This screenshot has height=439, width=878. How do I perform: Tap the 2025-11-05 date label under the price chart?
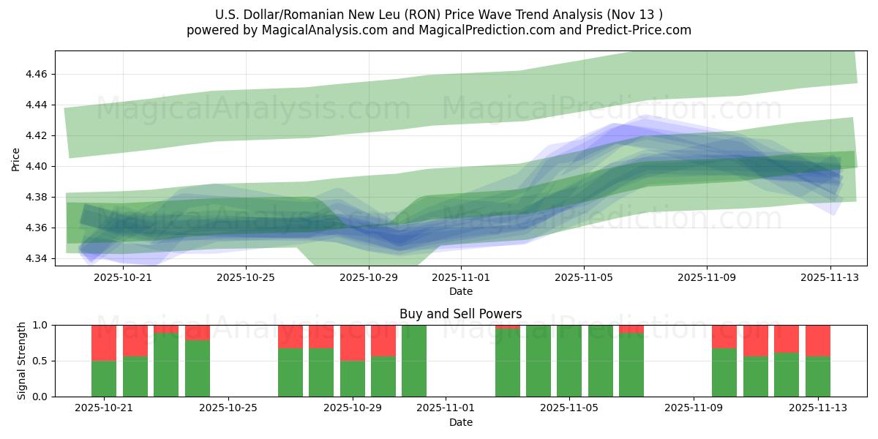pyautogui.click(x=584, y=278)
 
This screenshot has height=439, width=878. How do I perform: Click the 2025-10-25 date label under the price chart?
pyautogui.click(x=246, y=278)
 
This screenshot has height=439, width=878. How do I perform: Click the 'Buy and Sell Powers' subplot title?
pyautogui.click(x=460, y=314)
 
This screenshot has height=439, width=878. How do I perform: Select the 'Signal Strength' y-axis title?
pyautogui.click(x=22, y=361)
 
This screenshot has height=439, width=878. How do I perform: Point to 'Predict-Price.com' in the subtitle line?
pyautogui.click(x=638, y=30)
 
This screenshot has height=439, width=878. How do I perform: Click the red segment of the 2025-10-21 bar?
pyautogui.click(x=104, y=342)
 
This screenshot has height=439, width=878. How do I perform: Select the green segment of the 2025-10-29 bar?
pyautogui.click(x=353, y=378)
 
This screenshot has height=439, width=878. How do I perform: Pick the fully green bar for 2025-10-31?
pyautogui.click(x=414, y=361)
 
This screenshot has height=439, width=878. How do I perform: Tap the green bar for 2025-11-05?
pyautogui.click(x=569, y=361)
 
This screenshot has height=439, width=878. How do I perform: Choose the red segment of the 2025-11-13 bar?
pyautogui.click(x=818, y=340)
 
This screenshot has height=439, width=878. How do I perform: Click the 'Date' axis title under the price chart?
pyautogui.click(x=460, y=291)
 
